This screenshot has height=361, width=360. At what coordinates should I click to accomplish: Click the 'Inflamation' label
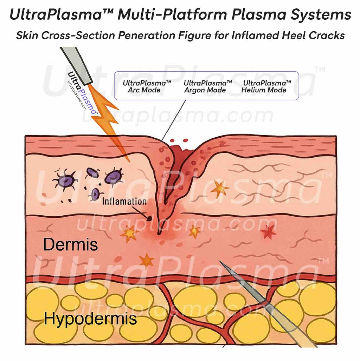(x=124, y=202)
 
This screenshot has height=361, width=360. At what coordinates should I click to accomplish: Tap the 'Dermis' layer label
(x=70, y=244)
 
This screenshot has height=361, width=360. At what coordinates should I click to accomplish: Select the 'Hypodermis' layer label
(x=90, y=319)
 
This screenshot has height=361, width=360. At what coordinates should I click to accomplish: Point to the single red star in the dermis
(x=269, y=232)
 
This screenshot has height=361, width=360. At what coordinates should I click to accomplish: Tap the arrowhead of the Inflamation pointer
(x=149, y=218)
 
